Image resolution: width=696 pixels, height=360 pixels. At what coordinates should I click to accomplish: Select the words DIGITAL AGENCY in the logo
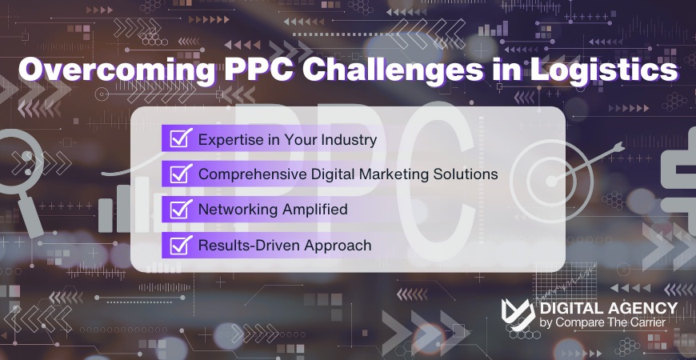coord(609,308)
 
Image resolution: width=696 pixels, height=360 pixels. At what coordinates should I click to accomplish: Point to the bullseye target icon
coord(549,171)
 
